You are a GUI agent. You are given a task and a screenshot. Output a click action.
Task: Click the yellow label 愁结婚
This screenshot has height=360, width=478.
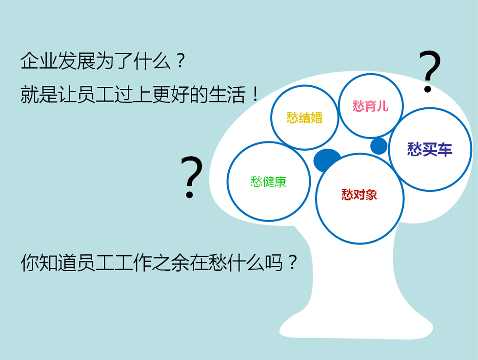click(x=304, y=118)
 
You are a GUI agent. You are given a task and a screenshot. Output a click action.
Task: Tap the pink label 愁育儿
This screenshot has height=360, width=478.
click(x=370, y=106)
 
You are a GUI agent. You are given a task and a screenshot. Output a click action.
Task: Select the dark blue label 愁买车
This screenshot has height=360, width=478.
click(x=430, y=149)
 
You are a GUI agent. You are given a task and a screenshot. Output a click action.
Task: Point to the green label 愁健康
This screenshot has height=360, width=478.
click(x=268, y=181)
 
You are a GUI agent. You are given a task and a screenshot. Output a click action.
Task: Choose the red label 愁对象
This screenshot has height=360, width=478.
click(x=359, y=195)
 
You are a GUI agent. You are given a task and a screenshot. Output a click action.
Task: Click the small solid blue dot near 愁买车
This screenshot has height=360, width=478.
click(x=379, y=146)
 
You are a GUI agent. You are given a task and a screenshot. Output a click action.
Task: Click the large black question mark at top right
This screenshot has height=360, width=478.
click(x=430, y=71)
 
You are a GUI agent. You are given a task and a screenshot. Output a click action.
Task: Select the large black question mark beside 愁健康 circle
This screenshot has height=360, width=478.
click(x=191, y=177)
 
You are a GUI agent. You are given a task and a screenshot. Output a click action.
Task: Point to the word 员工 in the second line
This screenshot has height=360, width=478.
click(x=95, y=95)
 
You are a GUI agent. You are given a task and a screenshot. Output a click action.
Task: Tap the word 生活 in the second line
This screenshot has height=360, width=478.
click(x=227, y=95)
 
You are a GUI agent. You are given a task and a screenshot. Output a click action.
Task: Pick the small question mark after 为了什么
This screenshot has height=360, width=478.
click(x=180, y=60)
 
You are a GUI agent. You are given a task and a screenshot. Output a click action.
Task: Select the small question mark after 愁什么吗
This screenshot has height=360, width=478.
click(x=293, y=262)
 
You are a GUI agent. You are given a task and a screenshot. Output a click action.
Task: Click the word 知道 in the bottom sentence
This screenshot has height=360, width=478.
click(x=58, y=262)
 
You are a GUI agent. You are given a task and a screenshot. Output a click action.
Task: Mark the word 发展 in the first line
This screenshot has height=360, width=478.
click(x=76, y=60)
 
